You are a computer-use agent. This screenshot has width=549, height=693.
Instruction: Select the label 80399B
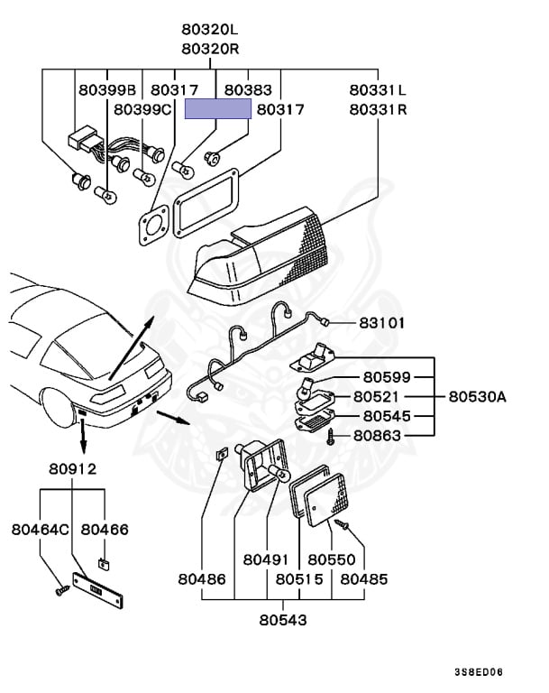(106, 89)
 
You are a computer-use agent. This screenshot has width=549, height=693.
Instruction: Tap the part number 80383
(248, 89)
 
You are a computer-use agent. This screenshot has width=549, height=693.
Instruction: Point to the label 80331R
(379, 109)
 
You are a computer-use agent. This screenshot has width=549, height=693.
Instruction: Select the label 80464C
(40, 529)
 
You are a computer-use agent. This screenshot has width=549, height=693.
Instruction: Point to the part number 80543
(283, 620)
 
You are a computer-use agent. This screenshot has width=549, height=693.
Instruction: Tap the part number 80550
(331, 559)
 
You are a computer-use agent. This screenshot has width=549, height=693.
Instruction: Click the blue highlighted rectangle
(218, 109)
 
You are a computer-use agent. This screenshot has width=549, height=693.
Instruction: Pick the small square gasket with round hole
(154, 222)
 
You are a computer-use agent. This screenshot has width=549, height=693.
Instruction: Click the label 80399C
(142, 109)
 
